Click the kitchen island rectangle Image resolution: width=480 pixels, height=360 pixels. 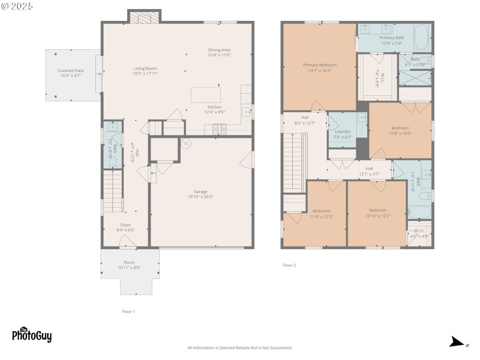pyautogui.click(x=205, y=95)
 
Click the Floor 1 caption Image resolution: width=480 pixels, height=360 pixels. pyautogui.click(x=128, y=311)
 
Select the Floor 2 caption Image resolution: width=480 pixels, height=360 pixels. pyautogui.click(x=289, y=265)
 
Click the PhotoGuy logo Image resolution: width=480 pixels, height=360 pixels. pyautogui.click(x=31, y=335)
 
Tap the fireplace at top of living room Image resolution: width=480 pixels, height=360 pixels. pyautogui.click(x=144, y=18)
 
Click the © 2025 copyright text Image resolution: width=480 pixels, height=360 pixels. pyautogui.click(x=17, y=6)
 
